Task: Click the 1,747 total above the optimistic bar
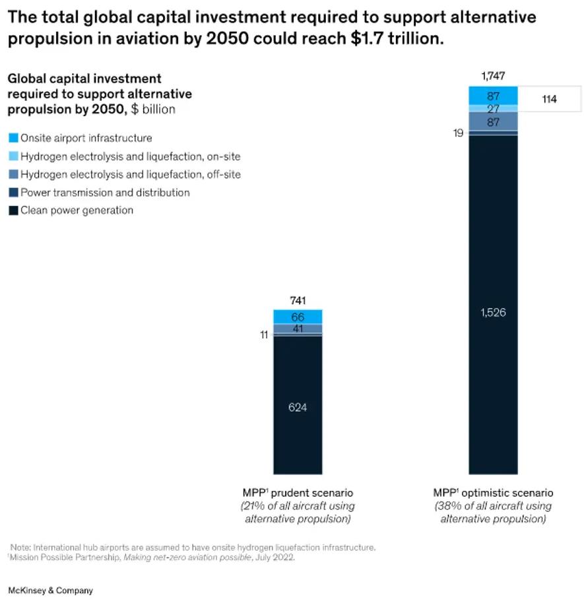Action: click(x=493, y=76)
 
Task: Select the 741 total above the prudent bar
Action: click(x=298, y=300)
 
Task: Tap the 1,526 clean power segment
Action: click(x=493, y=312)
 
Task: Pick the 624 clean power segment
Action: click(x=298, y=407)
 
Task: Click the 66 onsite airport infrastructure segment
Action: click(x=298, y=317)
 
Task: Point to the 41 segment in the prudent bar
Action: click(x=298, y=329)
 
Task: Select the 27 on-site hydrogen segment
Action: click(x=493, y=108)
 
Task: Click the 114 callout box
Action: click(x=549, y=100)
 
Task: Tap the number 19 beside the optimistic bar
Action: click(x=458, y=133)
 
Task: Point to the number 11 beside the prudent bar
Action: click(x=263, y=334)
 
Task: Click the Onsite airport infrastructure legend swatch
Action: click(x=13, y=139)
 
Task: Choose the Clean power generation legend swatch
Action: click(x=13, y=211)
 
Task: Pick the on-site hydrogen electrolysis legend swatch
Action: click(x=13, y=157)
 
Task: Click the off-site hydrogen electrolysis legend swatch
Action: click(x=13, y=175)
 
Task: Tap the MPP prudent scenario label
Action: click(x=298, y=493)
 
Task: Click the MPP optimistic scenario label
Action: click(x=493, y=493)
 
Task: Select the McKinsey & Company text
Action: click(x=50, y=590)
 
